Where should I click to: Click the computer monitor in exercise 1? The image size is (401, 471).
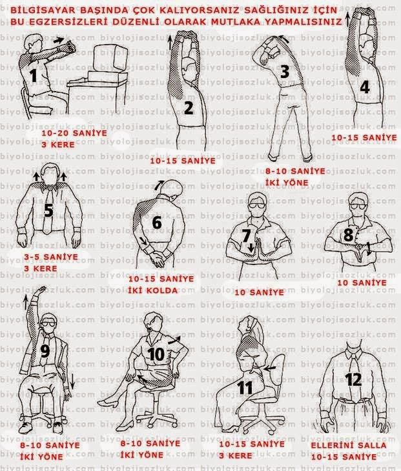click(110, 59)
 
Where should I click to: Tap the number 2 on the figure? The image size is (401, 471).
click(189, 108)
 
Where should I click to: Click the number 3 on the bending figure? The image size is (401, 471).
click(284, 72)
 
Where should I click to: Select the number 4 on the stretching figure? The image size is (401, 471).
click(365, 87)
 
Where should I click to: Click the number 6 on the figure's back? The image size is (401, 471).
click(157, 223)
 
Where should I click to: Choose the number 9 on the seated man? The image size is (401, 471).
click(45, 351)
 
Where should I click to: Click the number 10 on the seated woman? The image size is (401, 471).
click(156, 354)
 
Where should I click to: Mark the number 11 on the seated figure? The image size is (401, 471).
click(245, 388)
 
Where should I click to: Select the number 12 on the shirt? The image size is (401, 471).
click(353, 379)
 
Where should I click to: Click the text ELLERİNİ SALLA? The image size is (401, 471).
click(349, 445)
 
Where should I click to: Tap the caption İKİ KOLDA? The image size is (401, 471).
click(152, 290)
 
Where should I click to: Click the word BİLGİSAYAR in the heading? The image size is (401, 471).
click(43, 10)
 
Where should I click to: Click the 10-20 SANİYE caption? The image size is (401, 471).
click(74, 133)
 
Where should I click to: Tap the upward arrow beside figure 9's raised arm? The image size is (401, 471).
click(26, 302)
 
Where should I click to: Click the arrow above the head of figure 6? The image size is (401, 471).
click(160, 185)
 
